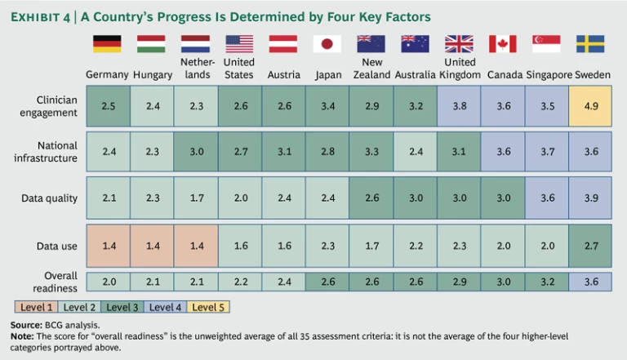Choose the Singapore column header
coord(547,75)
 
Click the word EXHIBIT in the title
coord(35,16)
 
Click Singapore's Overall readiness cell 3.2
coord(547,282)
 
